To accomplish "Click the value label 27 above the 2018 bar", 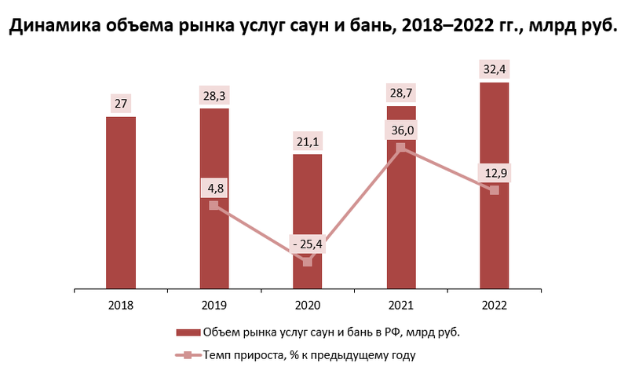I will (121, 103).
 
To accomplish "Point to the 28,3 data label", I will (214, 95).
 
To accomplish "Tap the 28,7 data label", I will (401, 93).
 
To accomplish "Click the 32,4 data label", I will (495, 68).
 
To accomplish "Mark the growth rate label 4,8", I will (214, 189).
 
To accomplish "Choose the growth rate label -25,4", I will (308, 245).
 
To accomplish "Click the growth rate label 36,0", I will (401, 130).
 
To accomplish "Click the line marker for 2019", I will (214, 206).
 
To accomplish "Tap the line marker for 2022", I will (495, 190).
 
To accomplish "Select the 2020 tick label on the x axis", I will (308, 304).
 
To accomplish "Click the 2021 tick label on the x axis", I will (401, 304).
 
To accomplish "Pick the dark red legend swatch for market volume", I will (188, 332).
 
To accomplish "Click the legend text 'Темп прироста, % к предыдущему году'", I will (309, 355).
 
